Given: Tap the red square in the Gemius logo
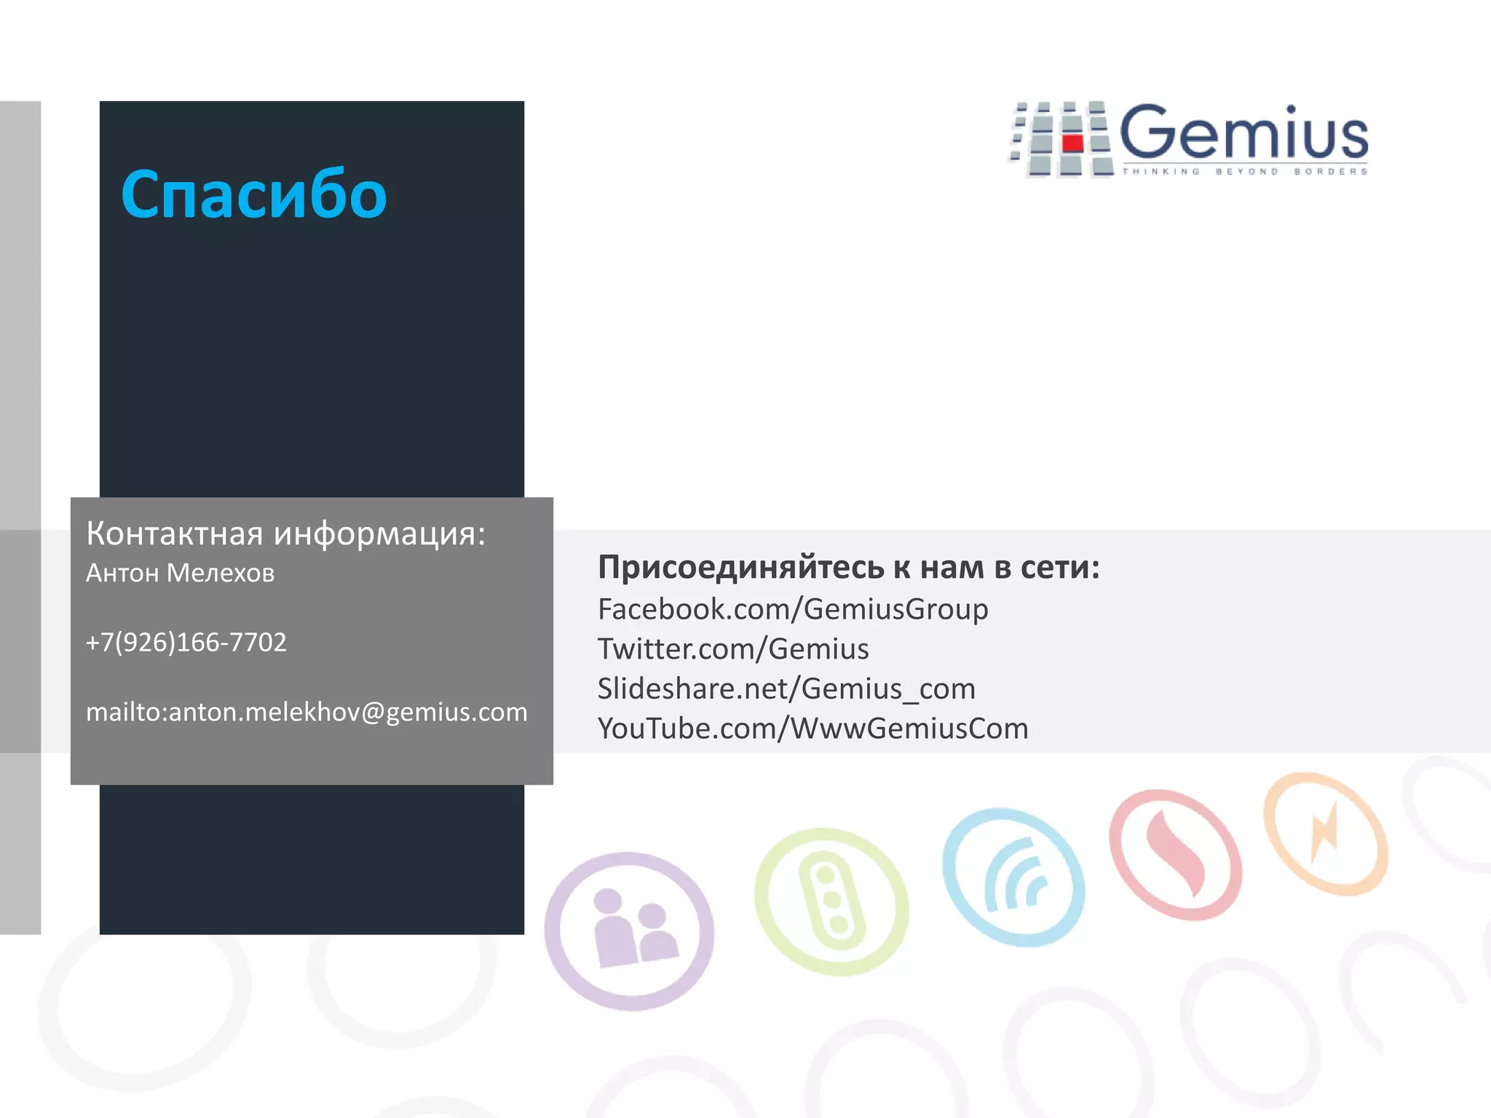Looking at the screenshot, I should (x=1072, y=141).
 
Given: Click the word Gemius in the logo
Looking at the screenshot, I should (x=1243, y=133).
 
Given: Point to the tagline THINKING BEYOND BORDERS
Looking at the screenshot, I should (x=1244, y=172).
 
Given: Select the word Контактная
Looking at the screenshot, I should (x=175, y=534).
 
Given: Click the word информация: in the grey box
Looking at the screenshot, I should (x=379, y=534).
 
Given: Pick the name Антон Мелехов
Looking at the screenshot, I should (x=180, y=574).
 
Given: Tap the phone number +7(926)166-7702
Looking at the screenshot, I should (x=186, y=642).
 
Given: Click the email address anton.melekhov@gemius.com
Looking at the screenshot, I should (x=347, y=712).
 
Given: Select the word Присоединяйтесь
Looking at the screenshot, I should (x=740, y=568).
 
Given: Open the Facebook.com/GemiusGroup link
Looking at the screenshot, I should (x=793, y=609).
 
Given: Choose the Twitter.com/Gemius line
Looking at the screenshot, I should (x=733, y=649).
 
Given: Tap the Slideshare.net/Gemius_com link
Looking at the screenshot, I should (x=786, y=689).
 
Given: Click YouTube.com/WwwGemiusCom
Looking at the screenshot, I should (x=812, y=729).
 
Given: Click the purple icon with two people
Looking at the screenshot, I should (x=630, y=931).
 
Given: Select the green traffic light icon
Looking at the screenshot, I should (x=831, y=900).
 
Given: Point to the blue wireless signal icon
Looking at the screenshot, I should (x=1013, y=877).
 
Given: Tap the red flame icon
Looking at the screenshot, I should (x=1176, y=853).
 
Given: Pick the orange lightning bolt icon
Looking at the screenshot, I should (x=1325, y=834).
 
